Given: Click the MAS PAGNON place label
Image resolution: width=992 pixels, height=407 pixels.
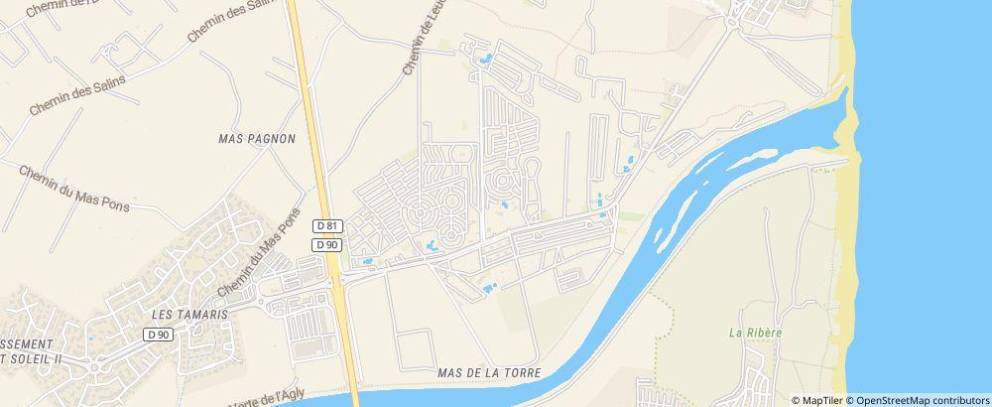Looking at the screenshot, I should coord(257,139).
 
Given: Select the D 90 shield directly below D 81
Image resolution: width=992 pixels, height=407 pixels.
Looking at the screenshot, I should coord(326,244).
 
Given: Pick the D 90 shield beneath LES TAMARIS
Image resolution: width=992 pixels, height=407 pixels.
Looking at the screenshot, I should coord(158,335).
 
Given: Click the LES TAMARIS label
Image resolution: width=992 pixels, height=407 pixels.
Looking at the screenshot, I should coord(189,314).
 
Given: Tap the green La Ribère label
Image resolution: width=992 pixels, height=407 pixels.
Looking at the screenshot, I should coord(756,333).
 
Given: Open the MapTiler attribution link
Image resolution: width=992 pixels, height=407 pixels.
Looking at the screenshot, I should coord(818,399).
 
